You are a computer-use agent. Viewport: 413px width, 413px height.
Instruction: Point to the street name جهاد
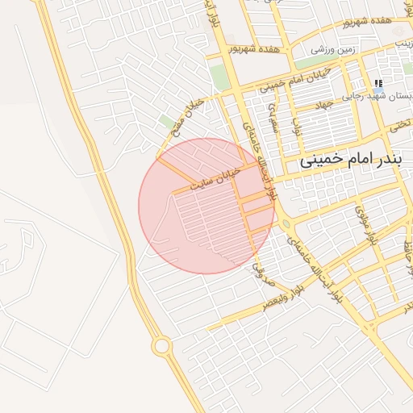coord(324,105)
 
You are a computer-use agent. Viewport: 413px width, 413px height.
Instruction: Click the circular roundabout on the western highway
coord(161,346)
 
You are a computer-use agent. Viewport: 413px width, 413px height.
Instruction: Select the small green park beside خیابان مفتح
coord(168,122)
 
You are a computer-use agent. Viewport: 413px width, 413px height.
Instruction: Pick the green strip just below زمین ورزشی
coord(315,62)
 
